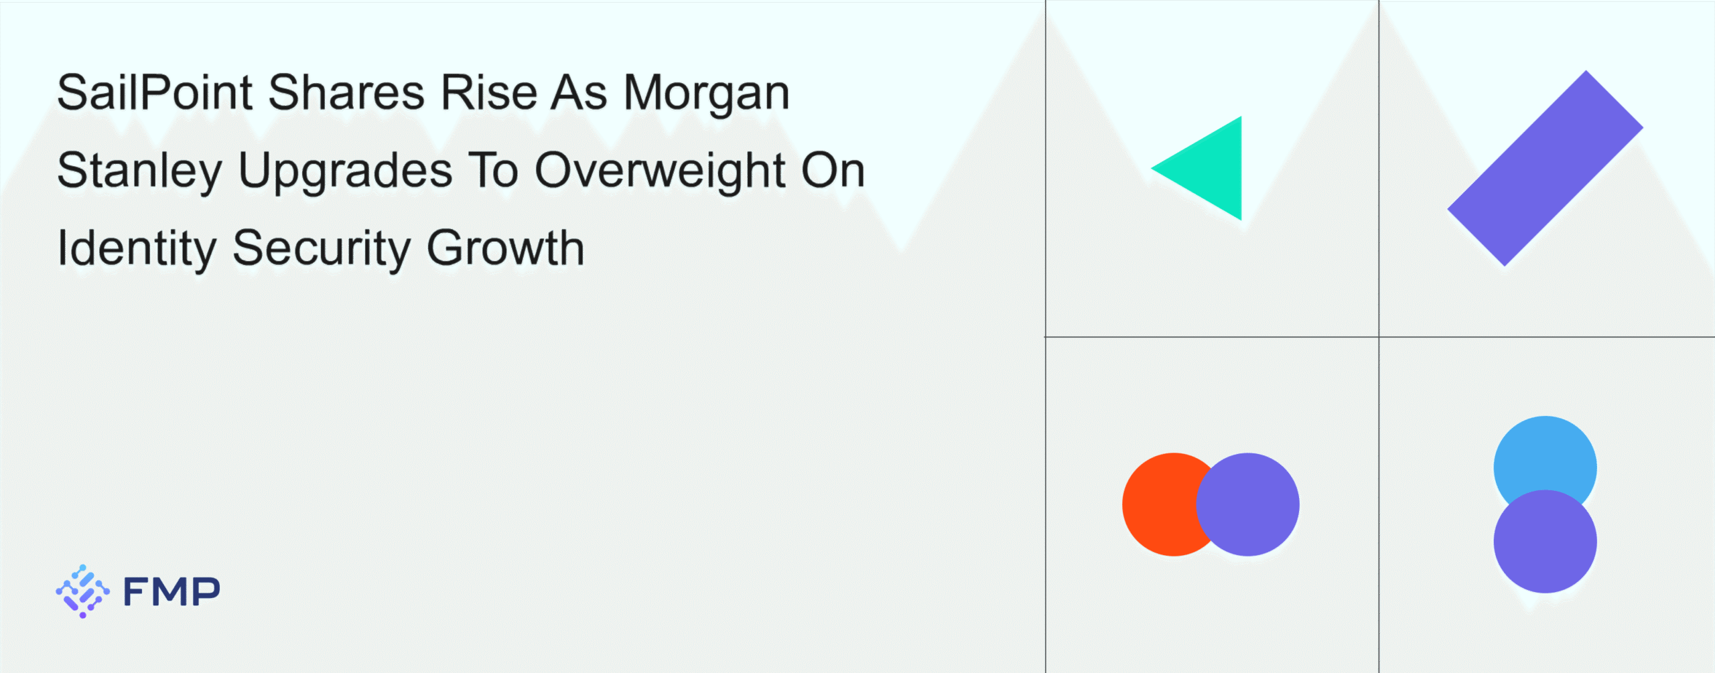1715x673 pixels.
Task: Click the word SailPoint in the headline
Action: pos(155,92)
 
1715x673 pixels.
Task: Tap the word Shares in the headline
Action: pos(346,92)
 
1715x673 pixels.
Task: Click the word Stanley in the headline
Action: pos(139,171)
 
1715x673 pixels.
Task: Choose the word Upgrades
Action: pos(346,171)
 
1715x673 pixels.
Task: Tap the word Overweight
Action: pos(659,171)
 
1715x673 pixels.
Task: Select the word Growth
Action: pos(505,248)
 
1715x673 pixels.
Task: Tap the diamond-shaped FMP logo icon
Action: pos(82,591)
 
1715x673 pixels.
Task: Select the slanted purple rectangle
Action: pos(1546,168)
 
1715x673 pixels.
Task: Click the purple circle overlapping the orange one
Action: pos(1247,504)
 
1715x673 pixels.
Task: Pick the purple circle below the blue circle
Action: pos(1545,541)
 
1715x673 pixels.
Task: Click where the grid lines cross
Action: pos(1379,337)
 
